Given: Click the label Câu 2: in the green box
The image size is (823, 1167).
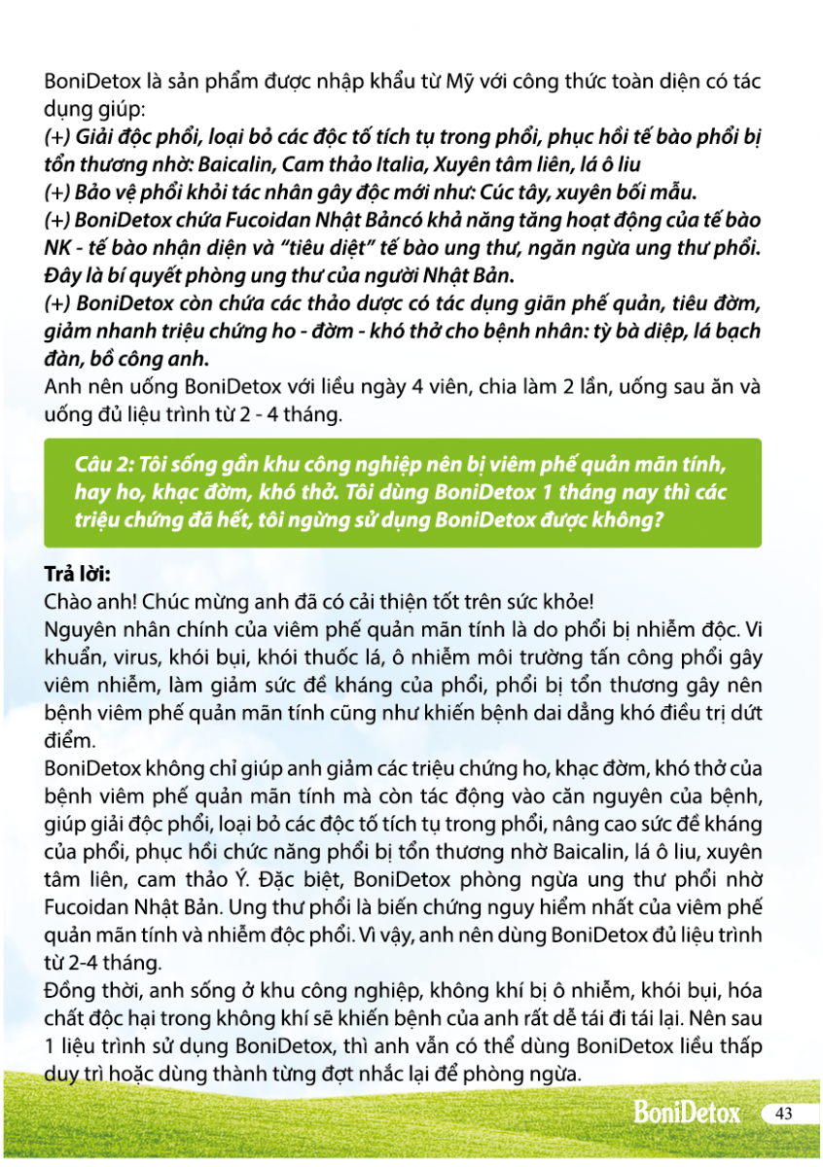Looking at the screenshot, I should coord(104,466).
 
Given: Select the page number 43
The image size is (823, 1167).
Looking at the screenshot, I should coord(784,1114).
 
